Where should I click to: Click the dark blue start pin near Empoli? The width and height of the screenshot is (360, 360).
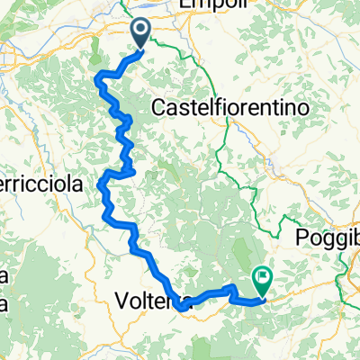point(143,34)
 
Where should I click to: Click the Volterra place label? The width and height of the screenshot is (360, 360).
point(151,299)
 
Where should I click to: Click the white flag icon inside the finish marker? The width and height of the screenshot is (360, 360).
point(264,278)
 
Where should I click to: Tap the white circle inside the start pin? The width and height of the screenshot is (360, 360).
point(143,32)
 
